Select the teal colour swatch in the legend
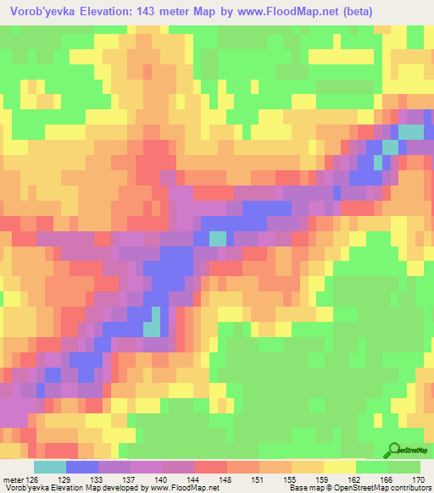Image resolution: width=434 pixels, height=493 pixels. pyautogui.click(x=50, y=466)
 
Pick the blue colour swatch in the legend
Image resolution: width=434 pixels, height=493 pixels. pyautogui.click(x=82, y=466)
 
